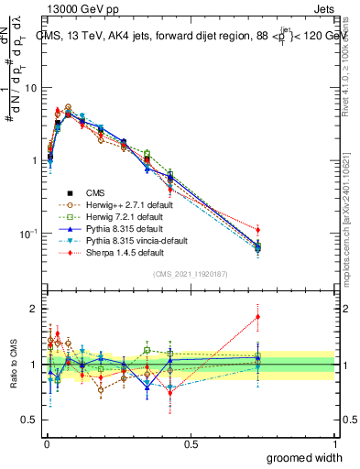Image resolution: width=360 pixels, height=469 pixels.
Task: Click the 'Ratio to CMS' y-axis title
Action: tap(13, 364)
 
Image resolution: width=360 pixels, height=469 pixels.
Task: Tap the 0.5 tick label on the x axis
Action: tap(191, 443)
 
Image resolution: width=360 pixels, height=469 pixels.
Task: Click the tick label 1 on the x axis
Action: tap(335, 443)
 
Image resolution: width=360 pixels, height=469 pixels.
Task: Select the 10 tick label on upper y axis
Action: tap(31, 89)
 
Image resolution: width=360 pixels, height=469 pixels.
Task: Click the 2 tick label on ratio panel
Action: tap(35, 309)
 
